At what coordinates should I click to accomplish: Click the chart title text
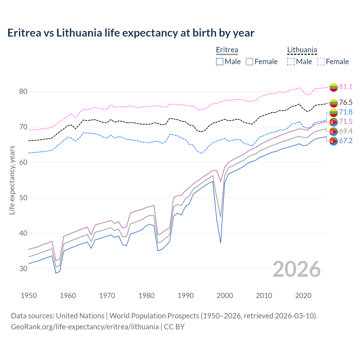click(131, 33)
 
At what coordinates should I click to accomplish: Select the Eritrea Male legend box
click(220, 62)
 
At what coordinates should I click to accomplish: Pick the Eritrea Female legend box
click(249, 62)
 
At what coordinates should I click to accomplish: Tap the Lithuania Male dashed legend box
click(291, 62)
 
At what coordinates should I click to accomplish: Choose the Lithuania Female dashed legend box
click(321, 62)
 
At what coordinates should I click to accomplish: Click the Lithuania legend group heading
click(302, 50)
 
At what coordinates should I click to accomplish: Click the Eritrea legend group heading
click(227, 50)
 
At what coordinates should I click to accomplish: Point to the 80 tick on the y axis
click(23, 91)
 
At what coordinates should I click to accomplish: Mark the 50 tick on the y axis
click(23, 198)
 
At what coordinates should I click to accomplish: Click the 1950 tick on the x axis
click(29, 296)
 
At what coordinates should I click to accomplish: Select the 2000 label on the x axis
click(225, 296)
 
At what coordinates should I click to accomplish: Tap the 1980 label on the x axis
click(147, 296)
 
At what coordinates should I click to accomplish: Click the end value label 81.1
click(346, 87)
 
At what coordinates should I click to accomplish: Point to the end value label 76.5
click(346, 102)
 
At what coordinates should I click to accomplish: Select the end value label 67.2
click(346, 141)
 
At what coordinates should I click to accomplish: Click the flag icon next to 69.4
click(334, 131)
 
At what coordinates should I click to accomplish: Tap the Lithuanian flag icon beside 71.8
click(334, 112)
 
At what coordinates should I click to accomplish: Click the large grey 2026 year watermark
click(297, 269)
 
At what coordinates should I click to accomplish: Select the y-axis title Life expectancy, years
click(12, 180)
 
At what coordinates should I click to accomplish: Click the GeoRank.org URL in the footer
click(85, 327)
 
